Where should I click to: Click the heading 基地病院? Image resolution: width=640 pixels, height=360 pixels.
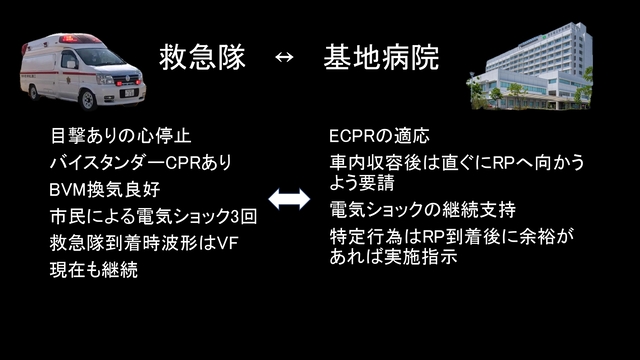381,56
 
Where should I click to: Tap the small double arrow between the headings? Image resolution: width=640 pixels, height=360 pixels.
284,57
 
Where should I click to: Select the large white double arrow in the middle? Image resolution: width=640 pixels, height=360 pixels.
289,200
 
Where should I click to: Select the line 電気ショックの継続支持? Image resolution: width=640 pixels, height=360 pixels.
422,210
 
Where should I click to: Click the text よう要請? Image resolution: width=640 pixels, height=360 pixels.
361,183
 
